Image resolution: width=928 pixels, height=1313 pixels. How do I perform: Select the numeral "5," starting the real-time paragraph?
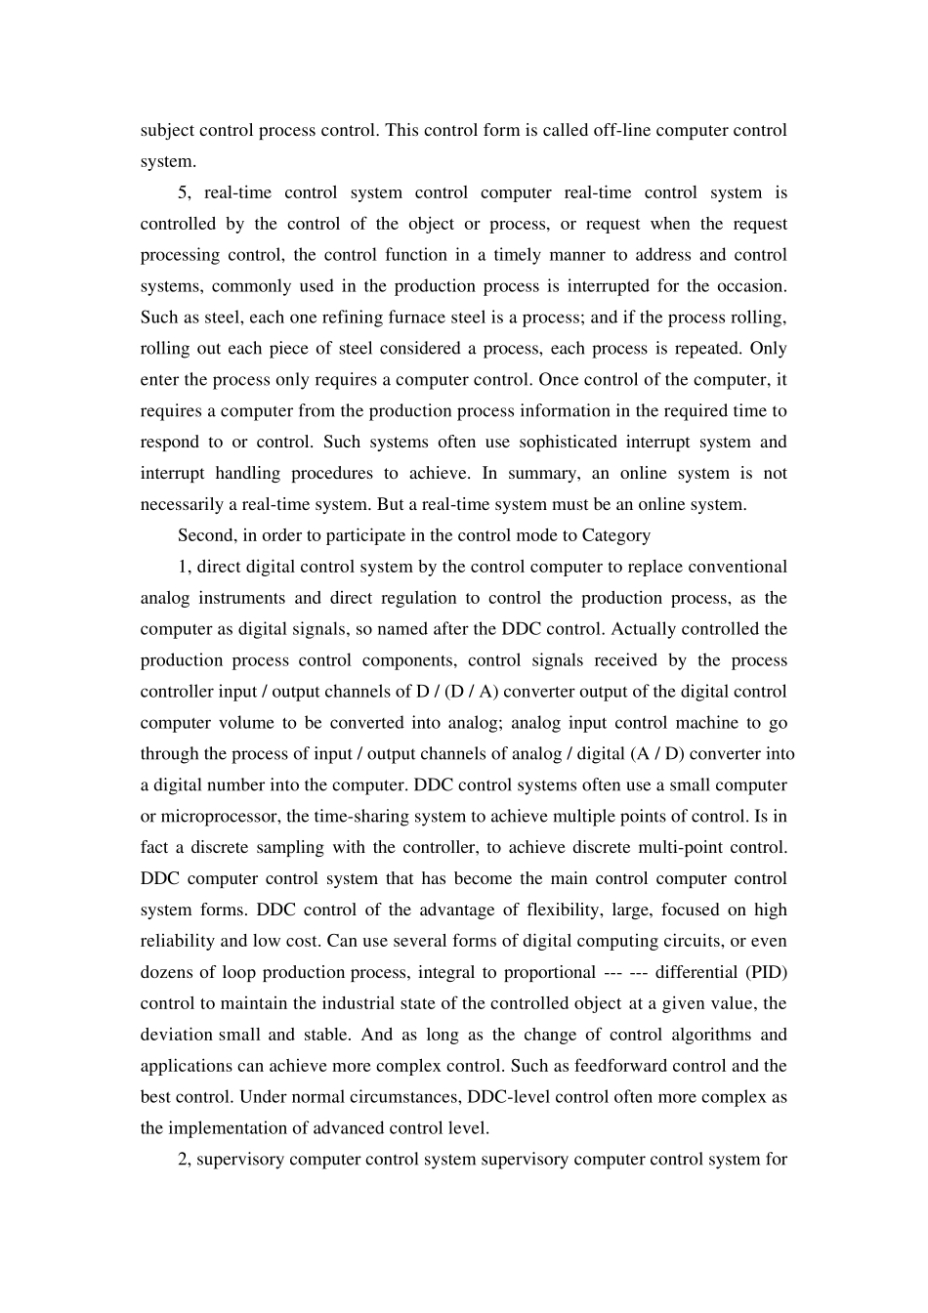pos(185,192)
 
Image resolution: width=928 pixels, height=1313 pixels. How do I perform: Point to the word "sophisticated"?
pos(568,442)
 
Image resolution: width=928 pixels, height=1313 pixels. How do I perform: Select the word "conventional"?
pos(738,567)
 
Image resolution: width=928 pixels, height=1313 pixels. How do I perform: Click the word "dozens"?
pos(165,972)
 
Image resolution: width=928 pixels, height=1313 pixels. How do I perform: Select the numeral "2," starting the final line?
pos(185,1160)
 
